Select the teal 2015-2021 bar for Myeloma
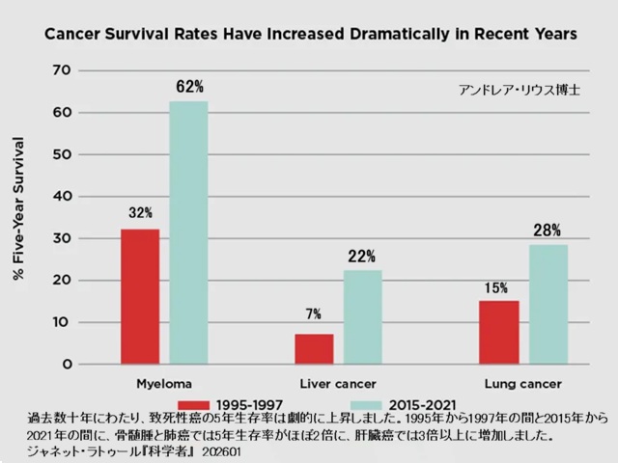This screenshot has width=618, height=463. click(x=188, y=232)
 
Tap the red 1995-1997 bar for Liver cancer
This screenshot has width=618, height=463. click(x=314, y=348)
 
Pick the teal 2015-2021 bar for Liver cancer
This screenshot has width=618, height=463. click(x=362, y=316)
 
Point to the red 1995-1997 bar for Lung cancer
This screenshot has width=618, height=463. click(x=498, y=332)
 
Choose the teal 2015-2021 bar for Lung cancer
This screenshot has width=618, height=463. click(x=548, y=304)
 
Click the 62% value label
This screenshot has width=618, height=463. click(x=189, y=87)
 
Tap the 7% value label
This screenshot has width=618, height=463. click(x=315, y=314)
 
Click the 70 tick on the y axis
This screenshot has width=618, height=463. click(x=63, y=70)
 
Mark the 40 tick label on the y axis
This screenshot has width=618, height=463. click(x=63, y=196)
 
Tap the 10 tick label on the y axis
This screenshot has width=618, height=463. click(x=63, y=322)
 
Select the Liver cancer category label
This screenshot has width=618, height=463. click(x=337, y=383)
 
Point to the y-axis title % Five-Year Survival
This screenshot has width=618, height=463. click(x=20, y=212)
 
